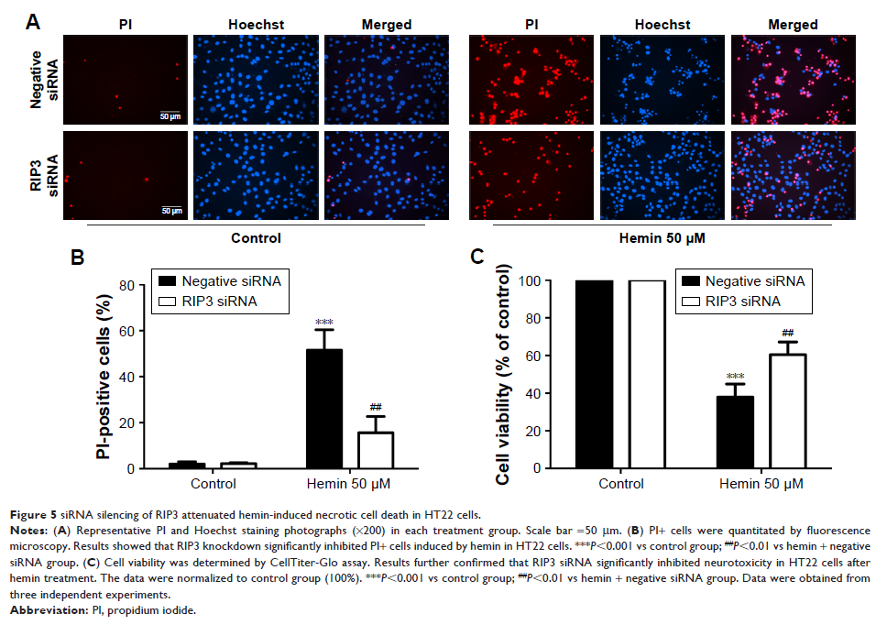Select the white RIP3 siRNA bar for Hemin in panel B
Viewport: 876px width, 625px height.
376,450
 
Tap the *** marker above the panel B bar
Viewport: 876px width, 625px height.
323,321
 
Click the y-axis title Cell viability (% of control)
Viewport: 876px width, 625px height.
503,376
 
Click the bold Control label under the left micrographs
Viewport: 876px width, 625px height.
256,238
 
